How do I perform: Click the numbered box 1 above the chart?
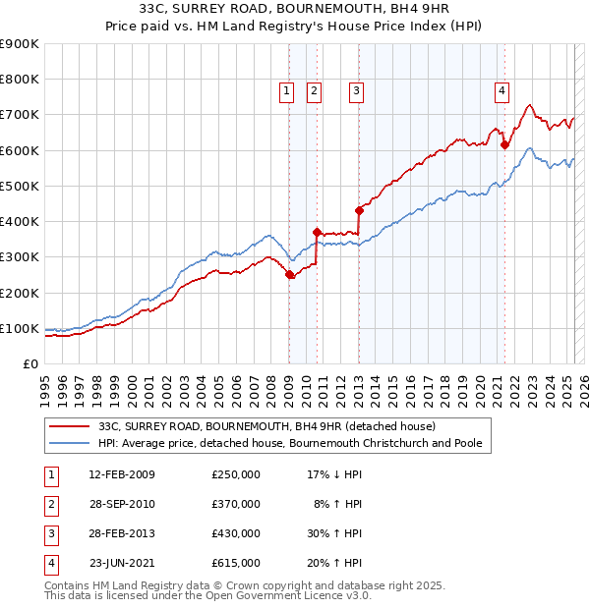tap(286, 91)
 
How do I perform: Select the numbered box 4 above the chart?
tap(501, 91)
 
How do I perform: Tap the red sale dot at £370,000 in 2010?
tap(317, 232)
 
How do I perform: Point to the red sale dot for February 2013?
tap(359, 210)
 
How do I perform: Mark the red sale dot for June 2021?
tap(504, 145)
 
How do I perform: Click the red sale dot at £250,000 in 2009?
tap(289, 275)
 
